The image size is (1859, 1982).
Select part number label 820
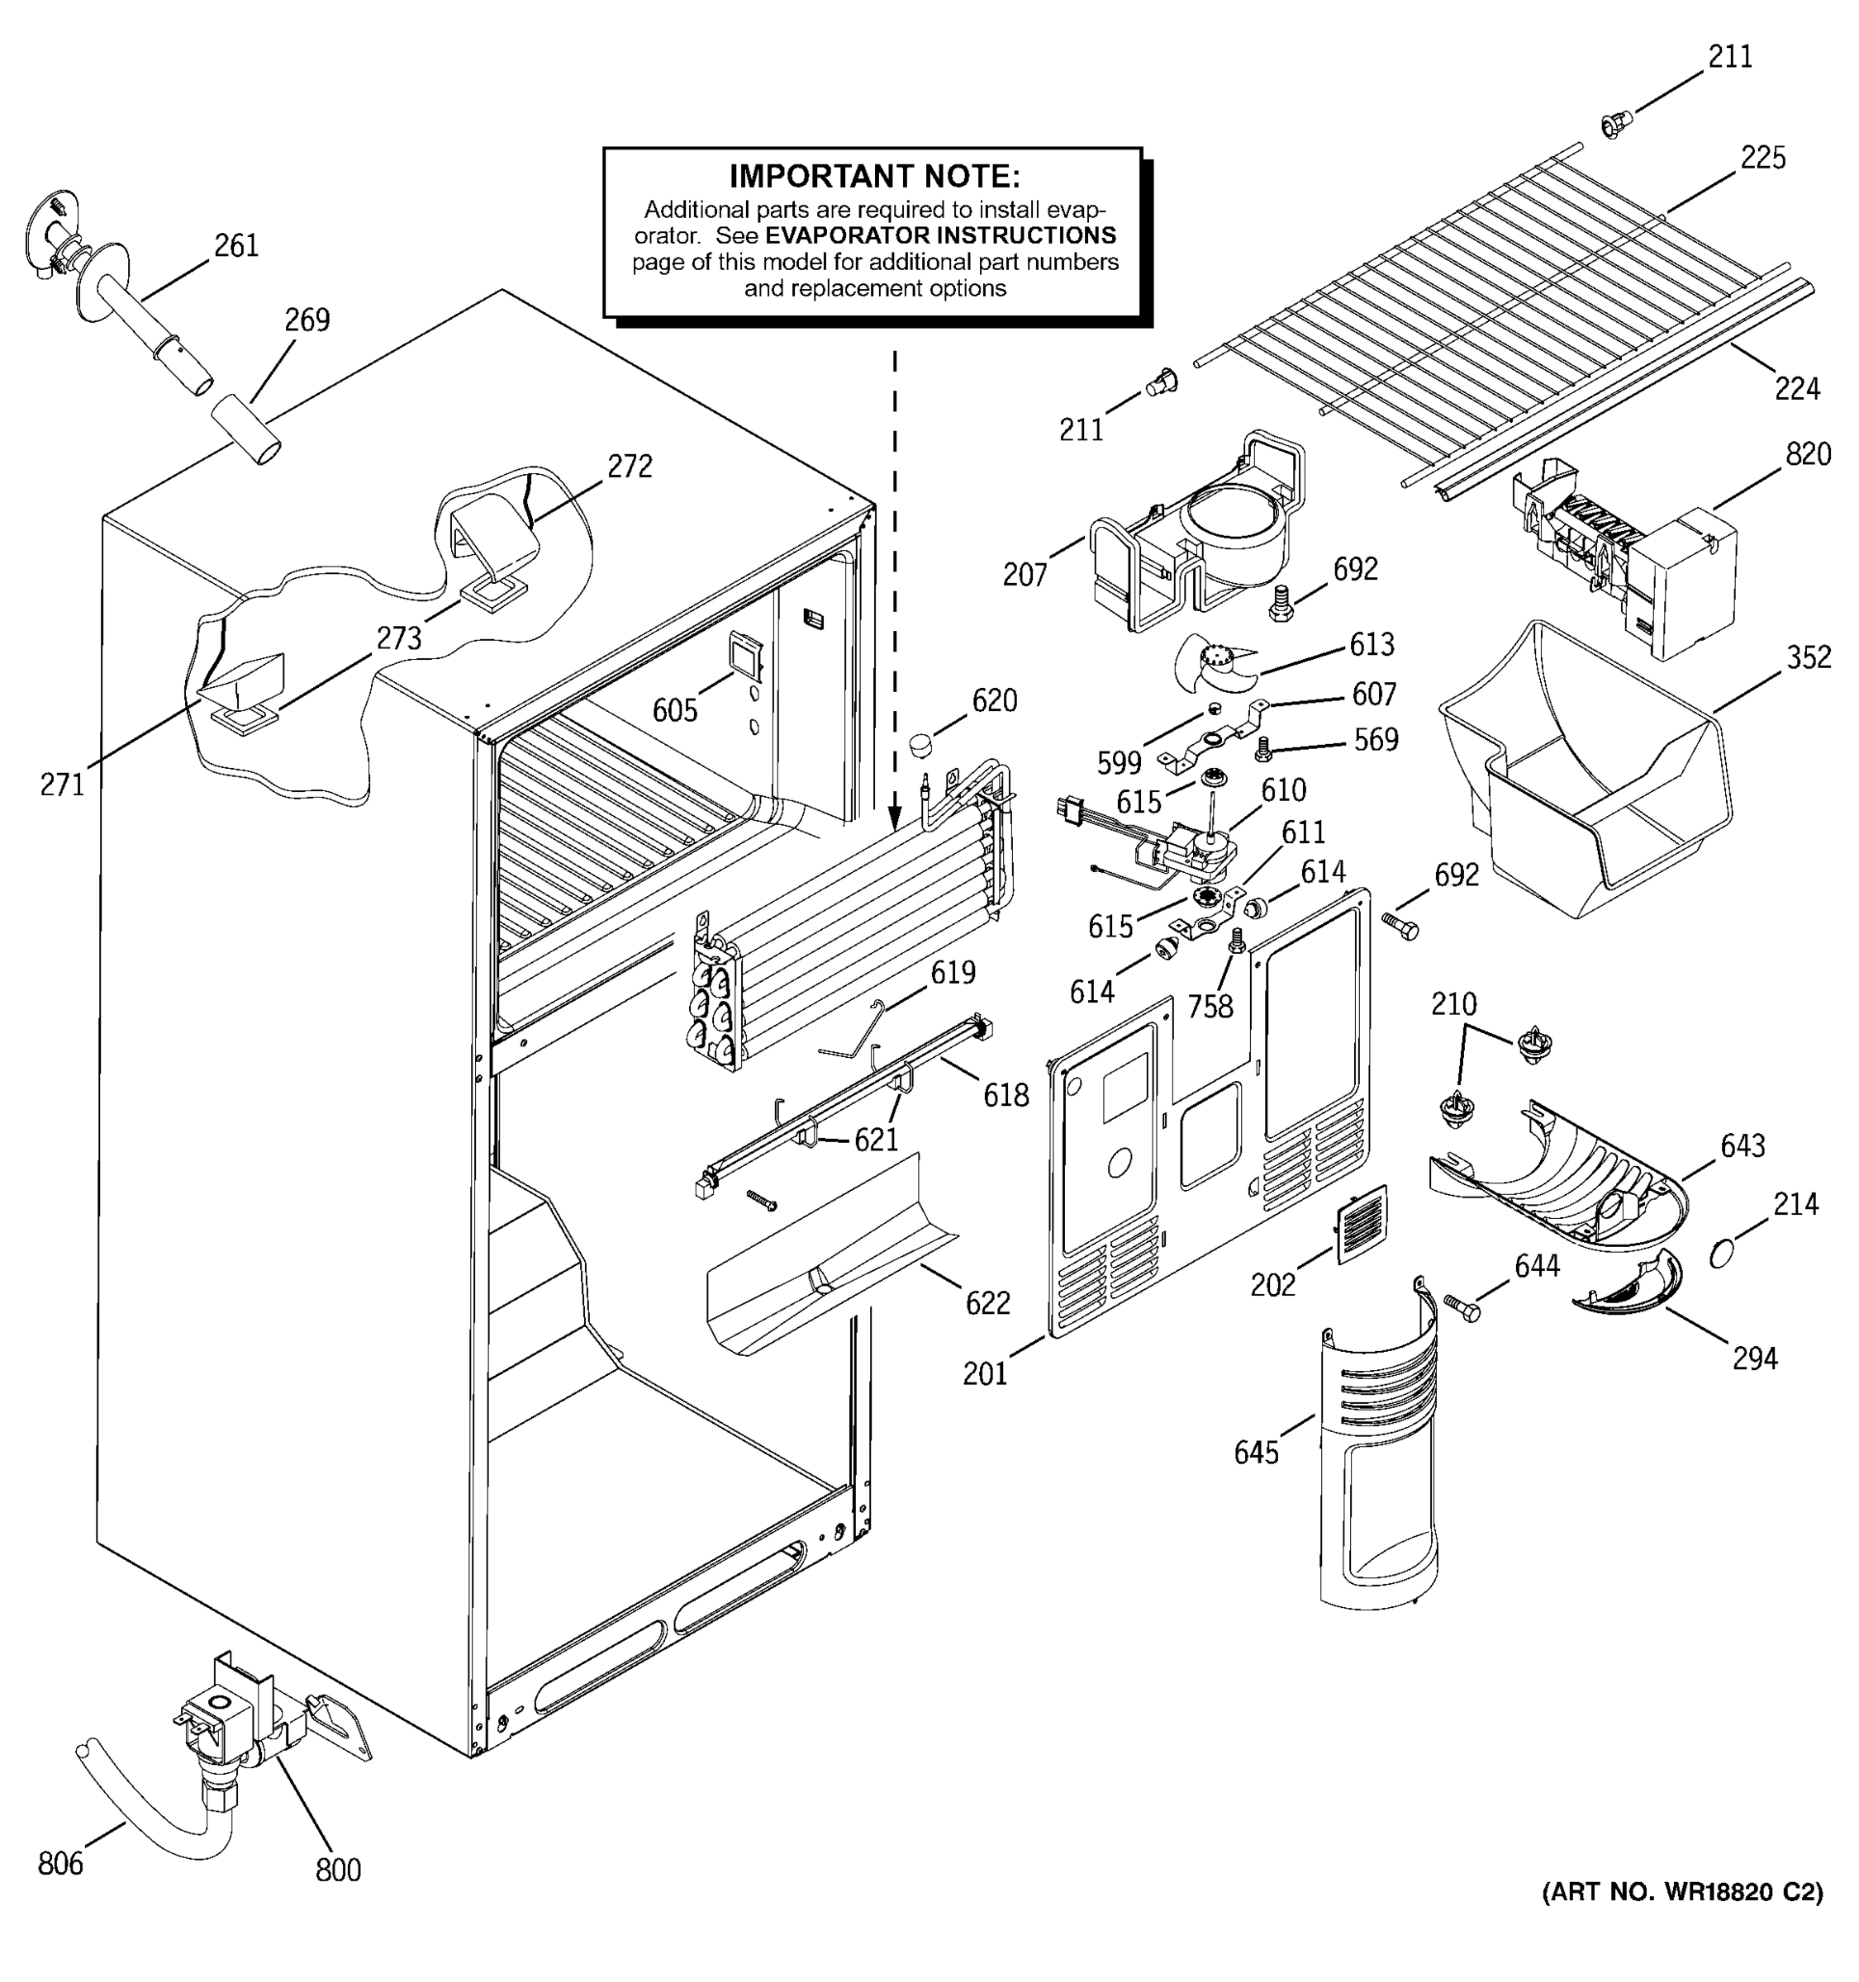coord(1807,455)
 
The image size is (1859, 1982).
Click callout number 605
coord(674,710)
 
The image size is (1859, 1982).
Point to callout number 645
coord(1256,1453)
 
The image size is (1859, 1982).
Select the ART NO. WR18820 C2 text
coord(1682,1891)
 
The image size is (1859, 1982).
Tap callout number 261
coord(236,245)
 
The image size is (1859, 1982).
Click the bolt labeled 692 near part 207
coord(1282,603)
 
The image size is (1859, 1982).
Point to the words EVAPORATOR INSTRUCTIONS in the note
coord(939,236)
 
